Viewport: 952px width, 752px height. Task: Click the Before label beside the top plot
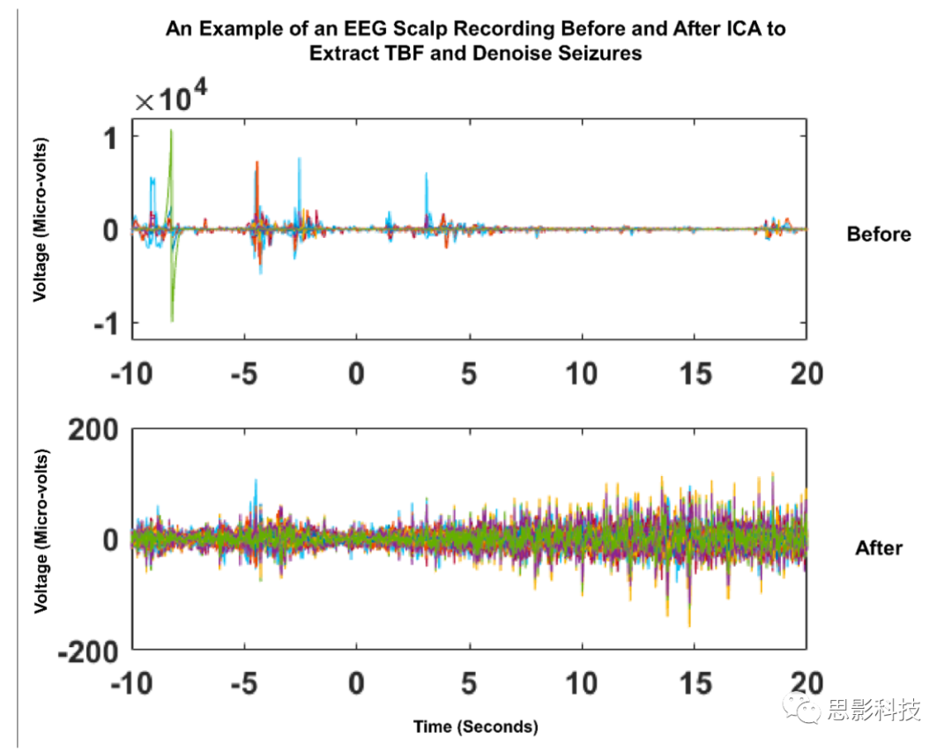click(x=878, y=235)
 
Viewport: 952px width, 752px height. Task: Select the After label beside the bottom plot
click(x=879, y=548)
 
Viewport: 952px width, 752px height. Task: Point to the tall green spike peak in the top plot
click(x=172, y=131)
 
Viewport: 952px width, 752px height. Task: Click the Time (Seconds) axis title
click(x=475, y=727)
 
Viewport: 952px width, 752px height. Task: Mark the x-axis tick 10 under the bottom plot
click(x=582, y=684)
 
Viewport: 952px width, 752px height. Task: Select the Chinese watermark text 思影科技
click(x=874, y=710)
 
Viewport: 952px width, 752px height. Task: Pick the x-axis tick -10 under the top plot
click(x=132, y=373)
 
